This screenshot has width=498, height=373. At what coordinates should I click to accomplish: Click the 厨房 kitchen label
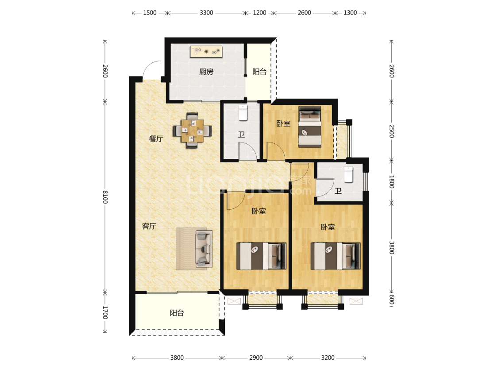[x=206, y=72]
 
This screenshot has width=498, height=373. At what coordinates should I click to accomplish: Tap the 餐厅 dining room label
[x=156, y=139]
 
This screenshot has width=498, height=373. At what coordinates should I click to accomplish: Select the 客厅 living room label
[x=149, y=226]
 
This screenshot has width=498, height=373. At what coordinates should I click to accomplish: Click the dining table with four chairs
[x=193, y=131]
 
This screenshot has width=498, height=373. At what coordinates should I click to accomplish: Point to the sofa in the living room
[x=204, y=249]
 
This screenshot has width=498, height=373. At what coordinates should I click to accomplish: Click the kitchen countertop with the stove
[x=206, y=51]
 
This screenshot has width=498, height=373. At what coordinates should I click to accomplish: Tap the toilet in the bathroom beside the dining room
[x=243, y=113]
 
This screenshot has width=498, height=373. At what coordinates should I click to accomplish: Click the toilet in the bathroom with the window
[x=348, y=175]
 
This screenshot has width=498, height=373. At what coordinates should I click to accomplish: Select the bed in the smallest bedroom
[x=309, y=127]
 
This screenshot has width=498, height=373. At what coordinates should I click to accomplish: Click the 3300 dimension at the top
[x=206, y=13]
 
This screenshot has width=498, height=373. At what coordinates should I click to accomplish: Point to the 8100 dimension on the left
[x=105, y=197]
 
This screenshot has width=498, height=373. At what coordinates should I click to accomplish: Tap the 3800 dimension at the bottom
[x=177, y=358]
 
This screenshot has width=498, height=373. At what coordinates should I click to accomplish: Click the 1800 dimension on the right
[x=392, y=181]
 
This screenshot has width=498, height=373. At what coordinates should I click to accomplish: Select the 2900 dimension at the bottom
[x=256, y=358]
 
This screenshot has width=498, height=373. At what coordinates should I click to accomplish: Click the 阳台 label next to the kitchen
[x=259, y=72]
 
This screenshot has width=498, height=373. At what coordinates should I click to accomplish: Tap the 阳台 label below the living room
[x=177, y=313]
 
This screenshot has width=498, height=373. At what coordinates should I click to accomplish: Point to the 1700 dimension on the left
[x=105, y=312]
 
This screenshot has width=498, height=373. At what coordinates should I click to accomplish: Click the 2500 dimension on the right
[x=392, y=131]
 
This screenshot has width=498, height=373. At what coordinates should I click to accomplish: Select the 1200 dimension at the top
[x=259, y=13]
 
